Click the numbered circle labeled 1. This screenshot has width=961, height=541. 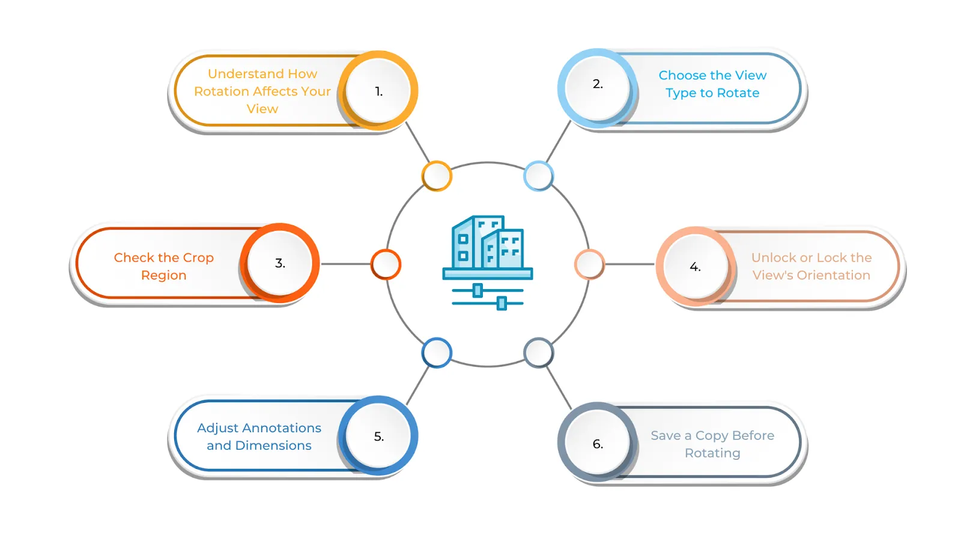[378, 91]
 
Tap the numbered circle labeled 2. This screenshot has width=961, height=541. [597, 88]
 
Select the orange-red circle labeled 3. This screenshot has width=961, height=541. [280, 263]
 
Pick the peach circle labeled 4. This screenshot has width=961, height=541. [696, 266]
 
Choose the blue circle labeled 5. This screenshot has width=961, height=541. [378, 435]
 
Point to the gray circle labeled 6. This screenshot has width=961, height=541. [597, 442]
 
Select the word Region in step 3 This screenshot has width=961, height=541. [163, 276]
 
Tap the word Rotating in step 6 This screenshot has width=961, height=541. [712, 453]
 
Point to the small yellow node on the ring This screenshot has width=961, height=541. [436, 176]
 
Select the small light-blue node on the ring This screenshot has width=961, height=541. [538, 176]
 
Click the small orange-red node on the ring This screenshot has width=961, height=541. [386, 264]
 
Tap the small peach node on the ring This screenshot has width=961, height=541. [589, 264]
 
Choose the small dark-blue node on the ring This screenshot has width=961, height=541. [436, 353]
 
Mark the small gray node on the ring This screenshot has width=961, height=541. [538, 353]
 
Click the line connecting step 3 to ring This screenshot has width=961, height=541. [346, 264]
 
